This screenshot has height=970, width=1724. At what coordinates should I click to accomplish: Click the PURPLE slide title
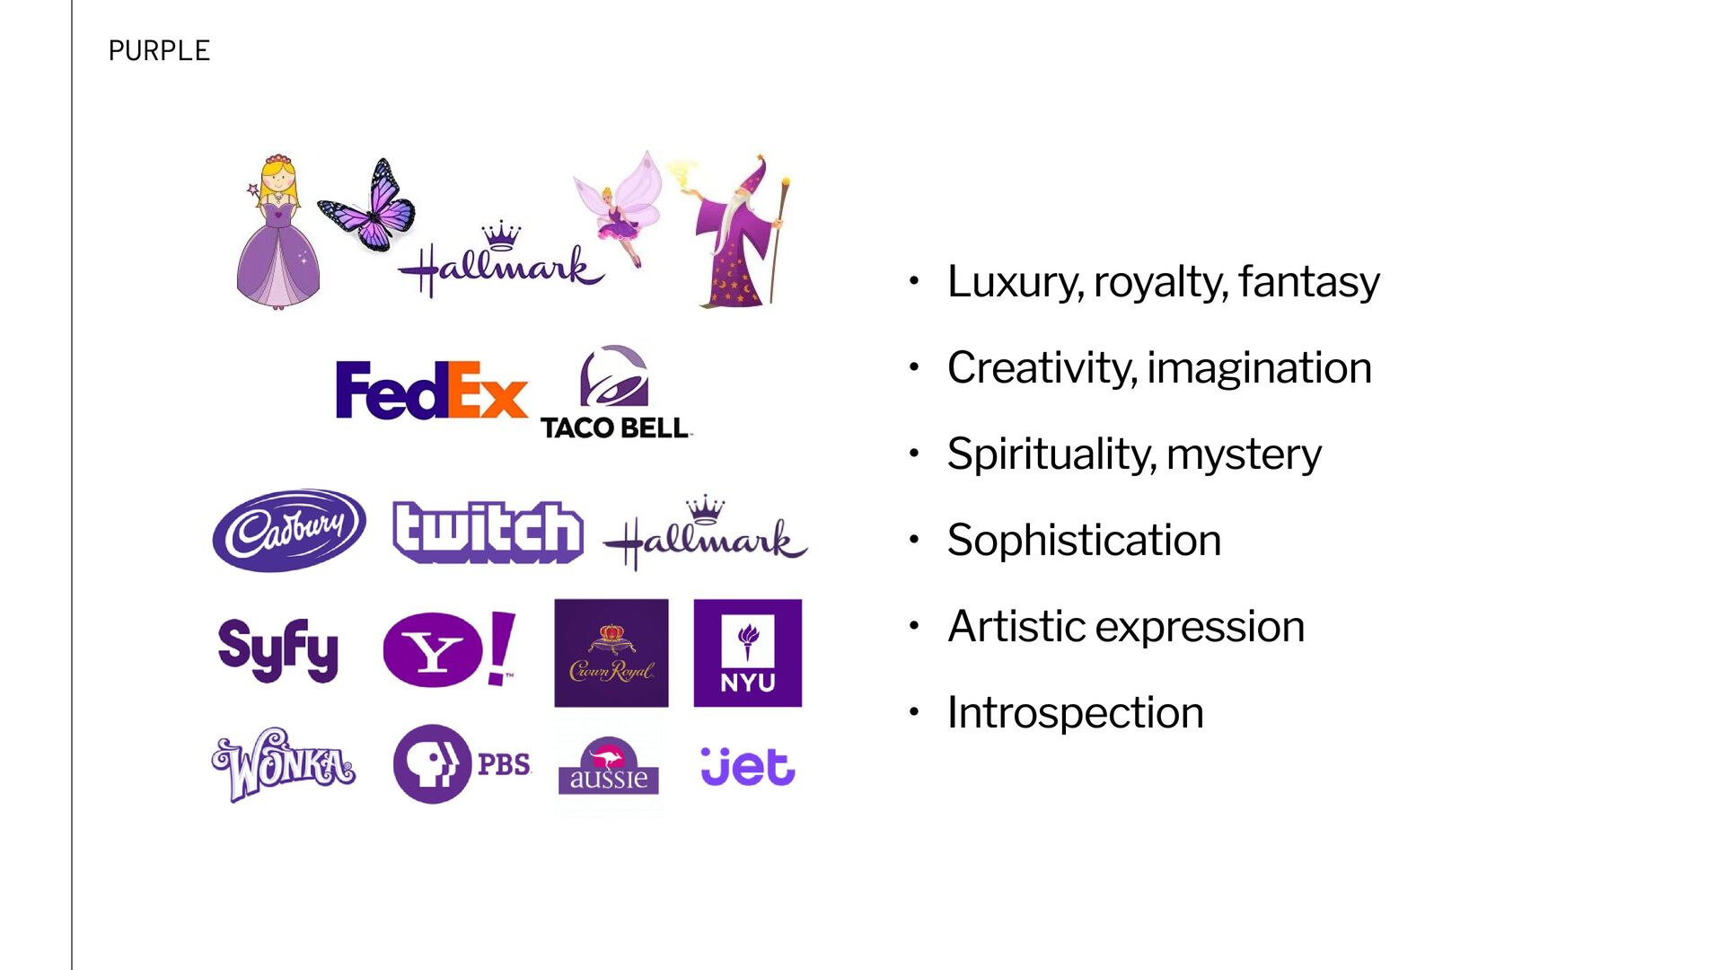click(x=159, y=51)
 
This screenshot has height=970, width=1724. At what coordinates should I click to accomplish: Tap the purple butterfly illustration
click(x=368, y=206)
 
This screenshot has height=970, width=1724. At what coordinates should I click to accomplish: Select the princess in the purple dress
click(x=277, y=232)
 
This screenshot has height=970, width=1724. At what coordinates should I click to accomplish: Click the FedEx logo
click(x=431, y=391)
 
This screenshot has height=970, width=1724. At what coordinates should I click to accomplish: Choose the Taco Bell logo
click(x=615, y=392)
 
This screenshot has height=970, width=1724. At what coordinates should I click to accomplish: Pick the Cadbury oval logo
click(x=289, y=530)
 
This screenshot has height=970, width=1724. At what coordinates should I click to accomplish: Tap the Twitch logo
click(x=488, y=532)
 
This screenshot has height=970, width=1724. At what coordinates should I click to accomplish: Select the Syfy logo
click(x=278, y=649)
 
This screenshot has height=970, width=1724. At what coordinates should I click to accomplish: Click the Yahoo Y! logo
click(x=449, y=649)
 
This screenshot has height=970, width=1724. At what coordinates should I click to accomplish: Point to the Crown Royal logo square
click(x=611, y=653)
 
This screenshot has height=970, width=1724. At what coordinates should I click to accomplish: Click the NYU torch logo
click(x=748, y=653)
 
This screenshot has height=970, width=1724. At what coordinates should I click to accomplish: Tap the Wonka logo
click(x=284, y=764)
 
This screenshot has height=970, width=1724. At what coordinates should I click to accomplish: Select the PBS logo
click(x=462, y=764)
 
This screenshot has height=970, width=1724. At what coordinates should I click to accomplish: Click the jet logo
click(x=747, y=766)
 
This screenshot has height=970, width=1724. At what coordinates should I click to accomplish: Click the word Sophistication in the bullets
click(x=1084, y=540)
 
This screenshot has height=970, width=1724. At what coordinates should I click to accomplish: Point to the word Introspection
click(x=1076, y=712)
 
